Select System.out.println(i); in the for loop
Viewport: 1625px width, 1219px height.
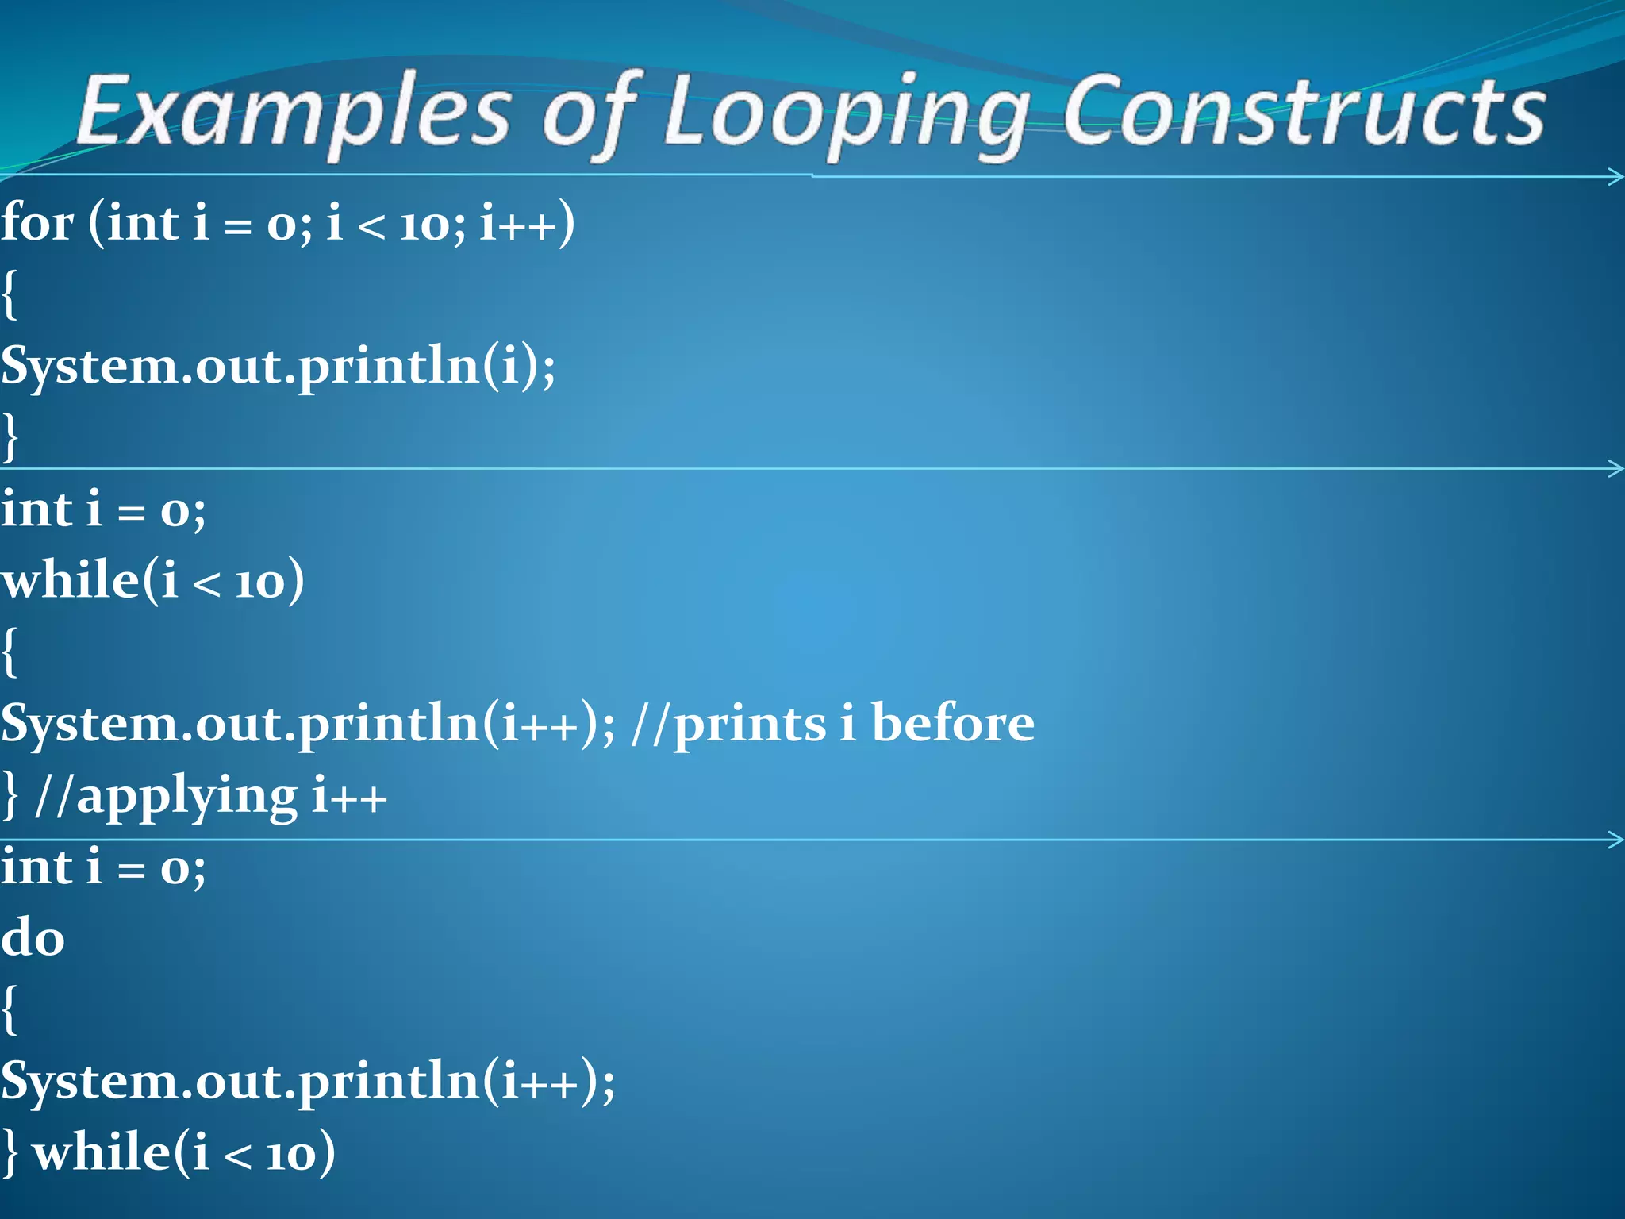pos(278,367)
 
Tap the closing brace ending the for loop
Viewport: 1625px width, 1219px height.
pos(10,436)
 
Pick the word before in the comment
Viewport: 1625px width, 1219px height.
pos(952,724)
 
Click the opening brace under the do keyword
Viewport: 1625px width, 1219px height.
pos(10,1009)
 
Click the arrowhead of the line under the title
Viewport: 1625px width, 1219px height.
pos(1615,176)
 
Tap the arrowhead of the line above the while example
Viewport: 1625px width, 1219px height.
pos(1615,468)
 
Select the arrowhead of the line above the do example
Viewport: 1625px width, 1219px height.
pos(1615,840)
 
